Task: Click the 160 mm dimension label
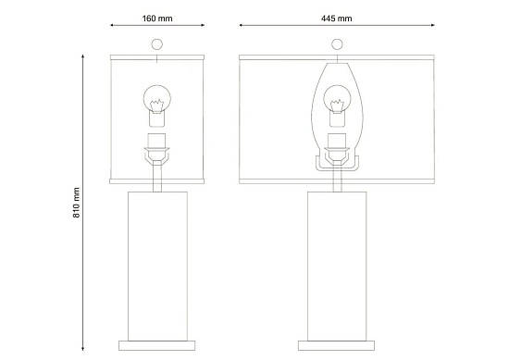pos(157,19)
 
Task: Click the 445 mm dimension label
pos(336,19)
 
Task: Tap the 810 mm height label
pos(76,203)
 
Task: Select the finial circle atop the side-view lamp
pos(157,44)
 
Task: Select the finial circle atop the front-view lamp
pos(337,44)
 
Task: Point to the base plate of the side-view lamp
pos(157,346)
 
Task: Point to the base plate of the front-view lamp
pos(336,346)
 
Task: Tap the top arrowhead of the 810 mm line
pos(82,56)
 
